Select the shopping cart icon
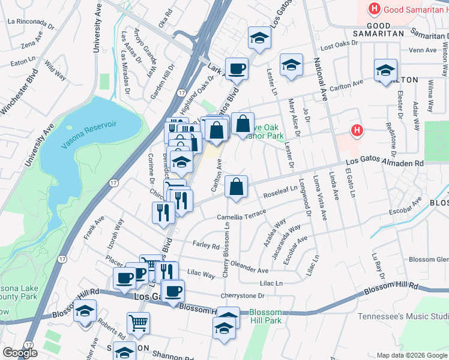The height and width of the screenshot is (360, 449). [138, 323]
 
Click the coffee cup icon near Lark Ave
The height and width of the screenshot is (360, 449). [237, 68]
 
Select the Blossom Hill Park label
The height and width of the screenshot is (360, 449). [265, 317]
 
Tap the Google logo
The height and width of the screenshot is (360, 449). [20, 353]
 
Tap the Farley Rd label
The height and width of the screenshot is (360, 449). [206, 244]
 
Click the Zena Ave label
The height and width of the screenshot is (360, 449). [29, 44]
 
